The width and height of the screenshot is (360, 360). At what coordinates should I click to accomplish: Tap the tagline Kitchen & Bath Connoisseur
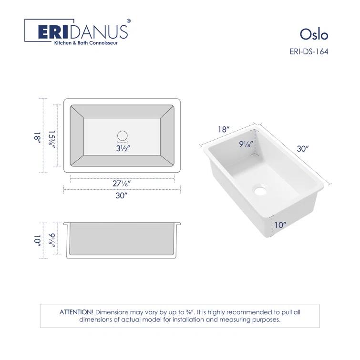pyautogui.click(x=85, y=42)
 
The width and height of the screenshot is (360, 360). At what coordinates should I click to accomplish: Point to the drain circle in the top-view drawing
pyautogui.click(x=123, y=135)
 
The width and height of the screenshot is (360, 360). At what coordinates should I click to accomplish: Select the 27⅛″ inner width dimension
pyautogui.click(x=123, y=183)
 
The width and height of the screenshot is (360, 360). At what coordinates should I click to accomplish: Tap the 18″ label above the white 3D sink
pyautogui.click(x=224, y=129)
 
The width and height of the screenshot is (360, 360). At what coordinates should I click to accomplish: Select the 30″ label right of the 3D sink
pyautogui.click(x=302, y=148)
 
